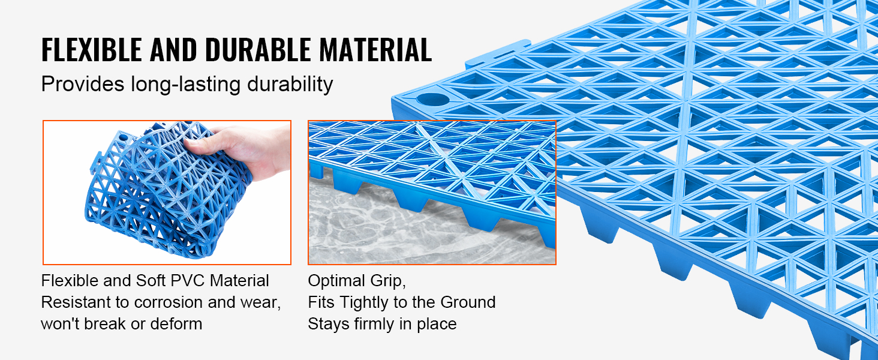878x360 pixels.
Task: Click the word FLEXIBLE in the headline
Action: pyautogui.click(x=92, y=50)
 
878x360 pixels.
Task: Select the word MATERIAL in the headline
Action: pyautogui.click(x=375, y=50)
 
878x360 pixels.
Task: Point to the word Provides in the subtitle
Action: pyautogui.click(x=83, y=84)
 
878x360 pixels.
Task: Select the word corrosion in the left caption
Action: pyautogui.click(x=169, y=302)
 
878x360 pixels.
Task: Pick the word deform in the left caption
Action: pyautogui.click(x=176, y=324)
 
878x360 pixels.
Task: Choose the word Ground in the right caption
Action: pyautogui.click(x=468, y=302)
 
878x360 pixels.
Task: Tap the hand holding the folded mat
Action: pyautogui.click(x=243, y=151)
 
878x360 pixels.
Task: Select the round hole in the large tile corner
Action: pyautogui.click(x=432, y=99)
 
